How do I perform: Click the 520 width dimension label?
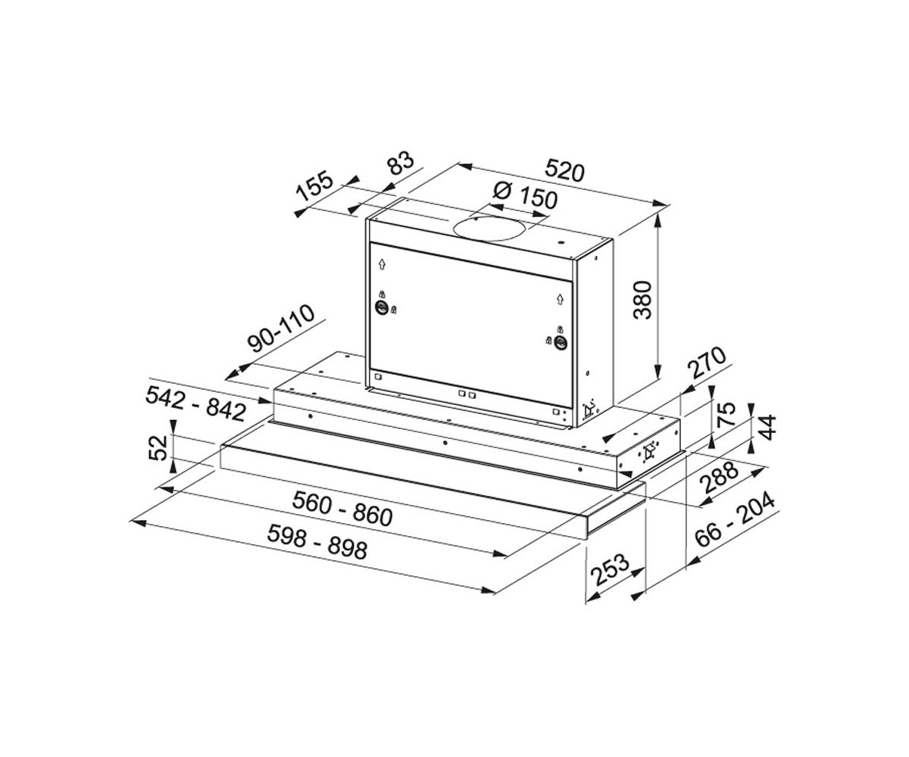[x=564, y=170]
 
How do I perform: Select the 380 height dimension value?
[x=642, y=301]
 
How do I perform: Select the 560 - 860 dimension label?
[x=342, y=508]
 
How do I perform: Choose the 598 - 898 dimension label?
[x=317, y=542]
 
